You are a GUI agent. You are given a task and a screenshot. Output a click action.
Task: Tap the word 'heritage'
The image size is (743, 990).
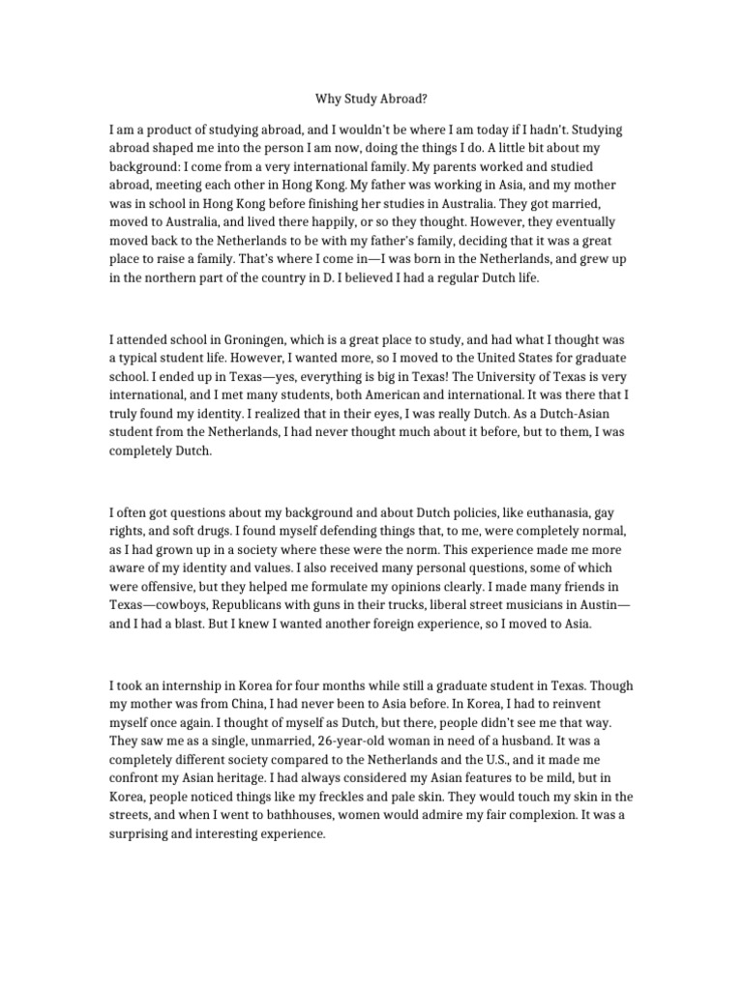[269, 778]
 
